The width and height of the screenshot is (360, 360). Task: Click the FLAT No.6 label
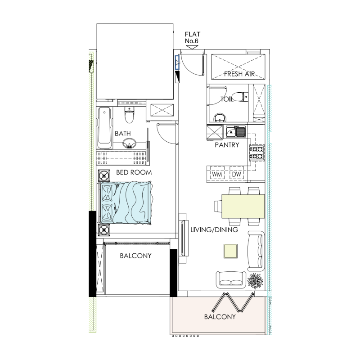coord(192,38)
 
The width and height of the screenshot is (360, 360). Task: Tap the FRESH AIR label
coord(240,74)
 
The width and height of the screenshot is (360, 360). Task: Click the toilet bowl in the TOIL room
coord(243,97)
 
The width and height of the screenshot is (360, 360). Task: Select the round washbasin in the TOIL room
coord(220,118)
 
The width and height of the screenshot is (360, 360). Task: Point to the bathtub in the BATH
coord(104,127)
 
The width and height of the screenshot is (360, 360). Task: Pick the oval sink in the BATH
coord(130,144)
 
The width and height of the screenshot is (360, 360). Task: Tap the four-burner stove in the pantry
coord(257,152)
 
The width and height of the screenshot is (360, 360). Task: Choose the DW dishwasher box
coord(236,174)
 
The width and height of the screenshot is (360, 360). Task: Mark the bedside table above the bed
coord(104,175)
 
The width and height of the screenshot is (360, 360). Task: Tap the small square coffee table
coord(231,251)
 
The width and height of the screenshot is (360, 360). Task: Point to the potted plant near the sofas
coord(255,281)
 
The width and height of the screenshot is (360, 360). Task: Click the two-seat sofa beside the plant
coord(230,279)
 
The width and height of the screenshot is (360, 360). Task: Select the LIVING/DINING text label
coord(214,230)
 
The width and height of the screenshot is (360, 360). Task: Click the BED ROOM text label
coord(134,172)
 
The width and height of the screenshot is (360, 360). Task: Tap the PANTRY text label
coord(227,145)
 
